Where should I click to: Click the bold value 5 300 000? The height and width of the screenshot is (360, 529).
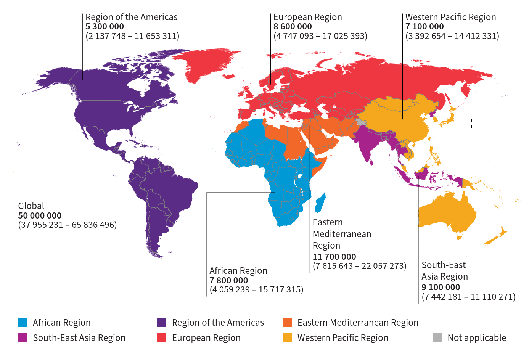(105, 27)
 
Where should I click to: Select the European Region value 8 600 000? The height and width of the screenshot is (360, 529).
(293, 27)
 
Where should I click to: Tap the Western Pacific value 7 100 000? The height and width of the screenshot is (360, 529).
(424, 27)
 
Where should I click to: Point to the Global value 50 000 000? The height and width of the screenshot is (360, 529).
(40, 215)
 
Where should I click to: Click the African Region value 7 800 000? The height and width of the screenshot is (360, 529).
(228, 280)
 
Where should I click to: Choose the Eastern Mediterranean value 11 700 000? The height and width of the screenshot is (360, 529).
(334, 257)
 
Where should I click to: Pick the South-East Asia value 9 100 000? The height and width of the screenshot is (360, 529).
(441, 287)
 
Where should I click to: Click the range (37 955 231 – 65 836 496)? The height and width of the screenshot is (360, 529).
(68, 225)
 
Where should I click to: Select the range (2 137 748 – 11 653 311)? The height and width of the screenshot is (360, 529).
(132, 36)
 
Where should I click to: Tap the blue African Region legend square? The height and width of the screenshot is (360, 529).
(23, 322)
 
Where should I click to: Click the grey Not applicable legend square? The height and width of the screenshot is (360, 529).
(437, 337)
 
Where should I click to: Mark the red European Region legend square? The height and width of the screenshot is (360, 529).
(162, 337)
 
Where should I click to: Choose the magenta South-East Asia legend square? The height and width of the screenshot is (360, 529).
(23, 337)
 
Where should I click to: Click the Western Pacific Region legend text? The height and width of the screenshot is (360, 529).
(342, 338)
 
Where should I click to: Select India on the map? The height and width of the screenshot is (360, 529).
(366, 141)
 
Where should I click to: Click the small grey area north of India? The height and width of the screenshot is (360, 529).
(361, 122)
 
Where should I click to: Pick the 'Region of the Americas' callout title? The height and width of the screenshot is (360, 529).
(131, 17)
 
